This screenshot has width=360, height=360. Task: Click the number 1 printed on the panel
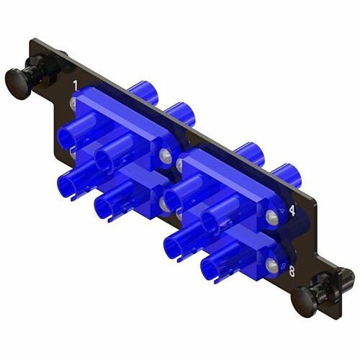(76, 87)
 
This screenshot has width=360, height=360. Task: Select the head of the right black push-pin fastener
(305, 294)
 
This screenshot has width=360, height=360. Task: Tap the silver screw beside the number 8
(271, 266)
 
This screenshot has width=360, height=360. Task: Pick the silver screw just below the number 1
(75, 105)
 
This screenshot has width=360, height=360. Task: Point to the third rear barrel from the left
(247, 153)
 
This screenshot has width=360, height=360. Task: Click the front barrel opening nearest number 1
(68, 137)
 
